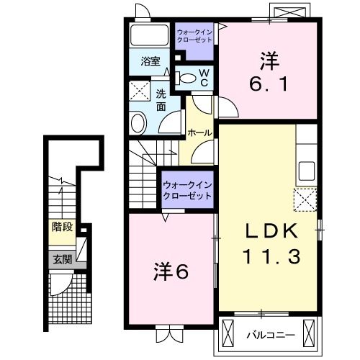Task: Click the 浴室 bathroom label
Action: (150, 61)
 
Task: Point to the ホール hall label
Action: (199, 133)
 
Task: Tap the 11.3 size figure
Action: (271, 254)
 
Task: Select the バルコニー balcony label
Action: (270, 334)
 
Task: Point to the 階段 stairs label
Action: (62, 227)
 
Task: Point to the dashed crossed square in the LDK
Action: (305, 198)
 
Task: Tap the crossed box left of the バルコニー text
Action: (230, 333)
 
